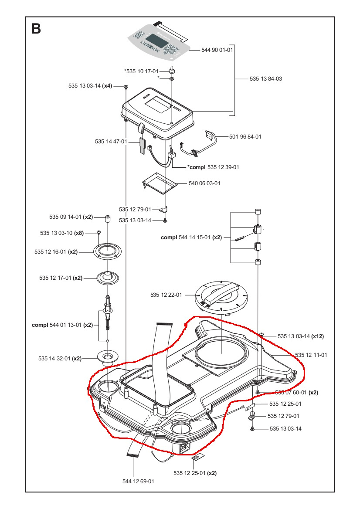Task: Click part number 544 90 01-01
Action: [217, 50]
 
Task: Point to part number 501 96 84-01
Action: [245, 136]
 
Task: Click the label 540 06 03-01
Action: [204, 183]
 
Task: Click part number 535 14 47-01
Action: [111, 142]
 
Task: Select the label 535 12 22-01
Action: [166, 295]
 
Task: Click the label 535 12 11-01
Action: [311, 355]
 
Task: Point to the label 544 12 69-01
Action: [138, 481]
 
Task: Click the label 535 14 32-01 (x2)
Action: [60, 359]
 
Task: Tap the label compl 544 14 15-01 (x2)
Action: [191, 238]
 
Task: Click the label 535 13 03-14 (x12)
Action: [300, 336]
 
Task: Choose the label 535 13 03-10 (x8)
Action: [61, 233]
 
